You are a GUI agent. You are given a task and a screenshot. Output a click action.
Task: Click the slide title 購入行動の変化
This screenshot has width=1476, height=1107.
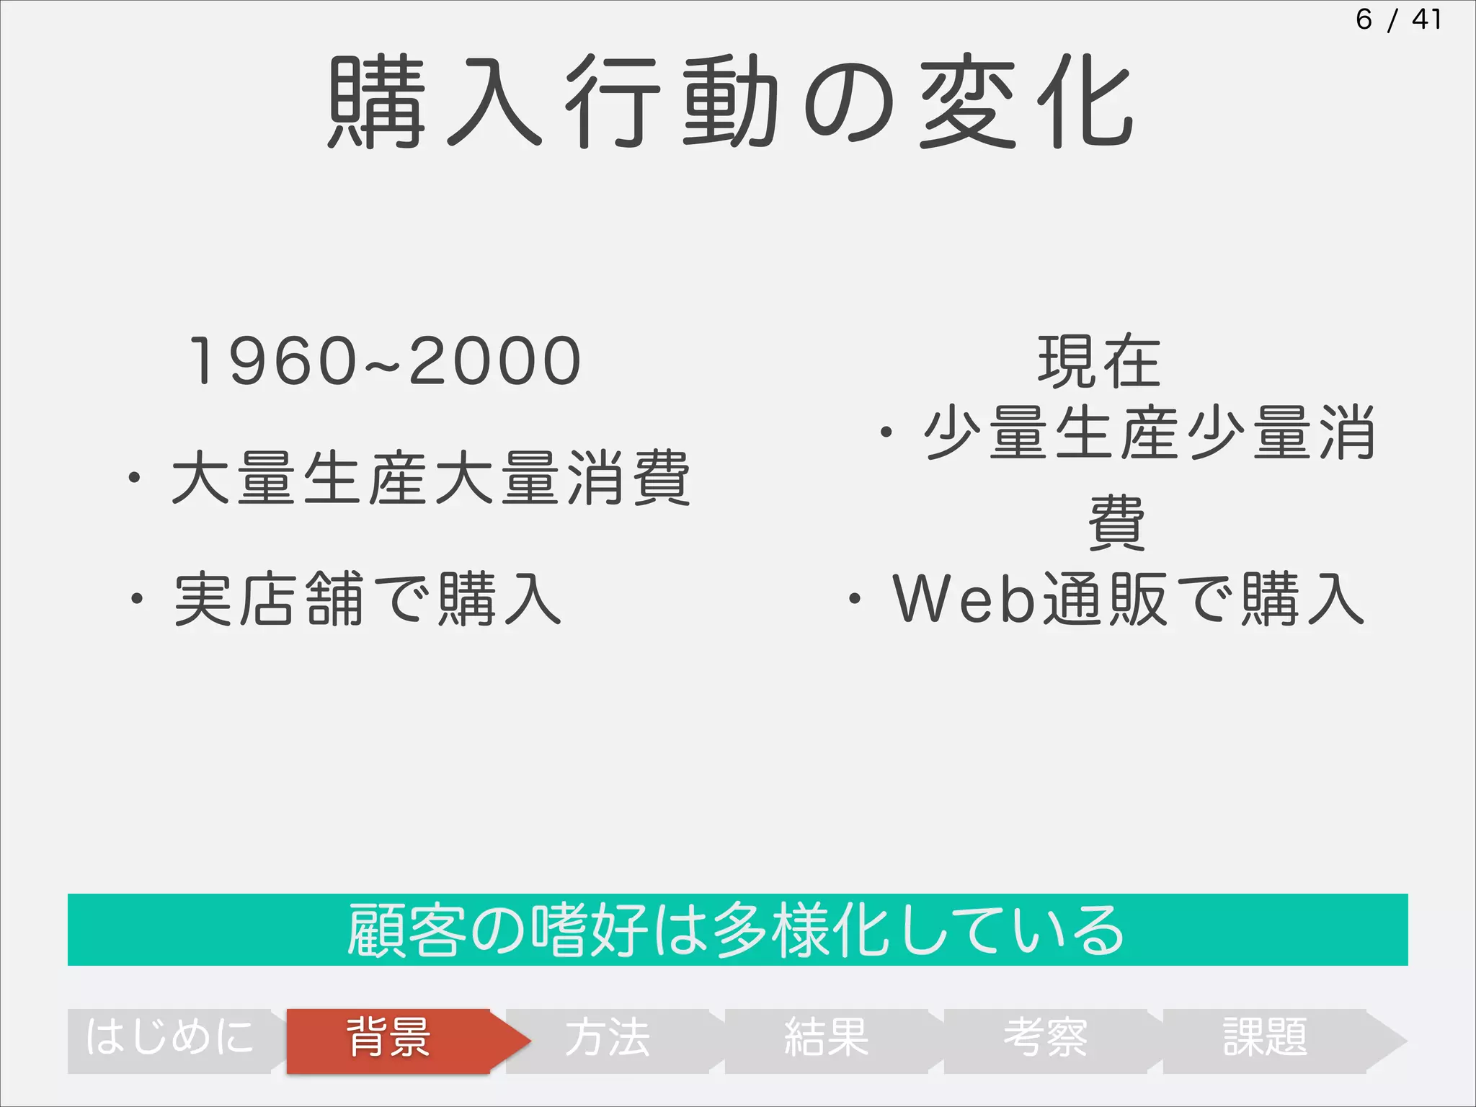(731, 102)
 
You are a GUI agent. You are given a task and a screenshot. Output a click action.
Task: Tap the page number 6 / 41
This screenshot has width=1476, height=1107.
(1397, 19)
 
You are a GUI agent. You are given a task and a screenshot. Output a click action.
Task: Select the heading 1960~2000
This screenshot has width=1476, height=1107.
(384, 361)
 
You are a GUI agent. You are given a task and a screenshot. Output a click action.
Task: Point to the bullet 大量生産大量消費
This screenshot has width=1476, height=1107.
(431, 478)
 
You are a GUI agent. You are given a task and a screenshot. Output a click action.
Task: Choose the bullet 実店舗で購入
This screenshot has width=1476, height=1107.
(368, 599)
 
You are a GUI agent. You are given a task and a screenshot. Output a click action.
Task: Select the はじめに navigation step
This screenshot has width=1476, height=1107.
(170, 1039)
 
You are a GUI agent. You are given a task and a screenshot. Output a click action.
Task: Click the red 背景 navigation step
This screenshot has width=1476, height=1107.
(389, 1039)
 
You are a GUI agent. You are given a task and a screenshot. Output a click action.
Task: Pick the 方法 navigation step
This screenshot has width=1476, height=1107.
(608, 1039)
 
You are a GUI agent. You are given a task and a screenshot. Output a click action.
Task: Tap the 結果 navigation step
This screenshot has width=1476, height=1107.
(827, 1039)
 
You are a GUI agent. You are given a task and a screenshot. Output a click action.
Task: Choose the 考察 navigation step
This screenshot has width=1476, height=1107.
(1046, 1039)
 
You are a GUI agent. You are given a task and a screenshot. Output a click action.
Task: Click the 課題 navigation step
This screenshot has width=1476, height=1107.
(1265, 1039)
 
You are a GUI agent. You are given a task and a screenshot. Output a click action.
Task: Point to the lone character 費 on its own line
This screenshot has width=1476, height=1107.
(1116, 523)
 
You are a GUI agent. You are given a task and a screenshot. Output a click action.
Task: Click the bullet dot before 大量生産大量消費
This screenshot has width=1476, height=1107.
(134, 478)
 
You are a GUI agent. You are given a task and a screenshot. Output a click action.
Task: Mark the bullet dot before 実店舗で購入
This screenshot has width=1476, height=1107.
(136, 599)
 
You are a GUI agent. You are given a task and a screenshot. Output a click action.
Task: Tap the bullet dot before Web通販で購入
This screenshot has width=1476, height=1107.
(855, 599)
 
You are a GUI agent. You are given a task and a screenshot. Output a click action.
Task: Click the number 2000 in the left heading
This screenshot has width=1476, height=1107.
(495, 361)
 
